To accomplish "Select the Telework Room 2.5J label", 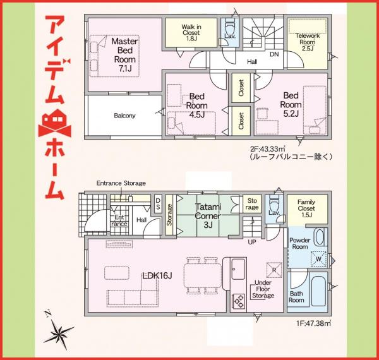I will point(308,41).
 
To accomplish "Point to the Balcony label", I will point(125,116).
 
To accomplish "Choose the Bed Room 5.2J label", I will point(291,104).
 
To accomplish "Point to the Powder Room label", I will point(300,244).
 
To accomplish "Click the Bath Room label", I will point(298,297).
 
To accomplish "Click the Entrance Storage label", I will point(121,183).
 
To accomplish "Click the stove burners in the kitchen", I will point(239,302).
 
